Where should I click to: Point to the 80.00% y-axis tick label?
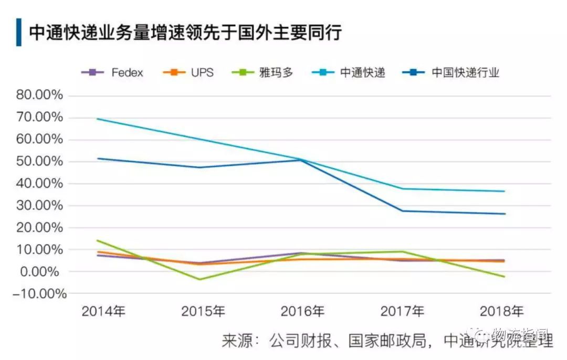pos(39,96)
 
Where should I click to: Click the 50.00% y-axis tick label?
pos(39,162)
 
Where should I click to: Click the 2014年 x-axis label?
pos(104,311)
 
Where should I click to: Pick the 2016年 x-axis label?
pos(303,311)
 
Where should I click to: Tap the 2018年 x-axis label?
pos(502,311)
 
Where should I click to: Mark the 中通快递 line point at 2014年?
pos(98,119)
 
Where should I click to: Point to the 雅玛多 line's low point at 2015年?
pos(199,279)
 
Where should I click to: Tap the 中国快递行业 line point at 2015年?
pos(199,167)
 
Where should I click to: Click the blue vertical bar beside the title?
pos(19,33)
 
